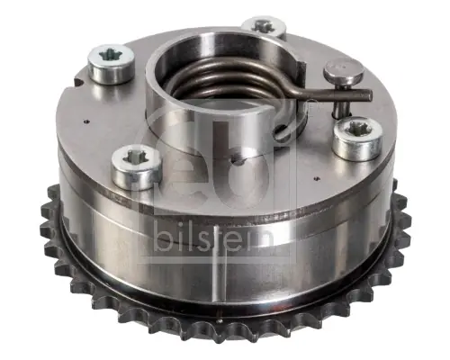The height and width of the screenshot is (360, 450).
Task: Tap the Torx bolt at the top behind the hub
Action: tap(265, 28)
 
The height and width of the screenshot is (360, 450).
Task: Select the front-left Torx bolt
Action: tap(137, 167)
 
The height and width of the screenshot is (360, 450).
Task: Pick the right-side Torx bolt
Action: tap(358, 139)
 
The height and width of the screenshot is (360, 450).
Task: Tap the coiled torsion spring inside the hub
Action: tap(228, 79)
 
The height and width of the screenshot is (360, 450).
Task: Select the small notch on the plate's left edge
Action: tap(78, 83)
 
